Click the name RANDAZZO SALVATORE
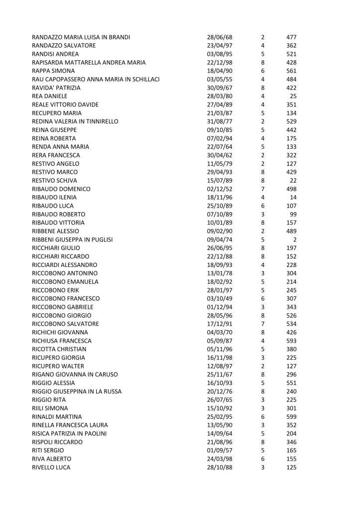coord(64,45)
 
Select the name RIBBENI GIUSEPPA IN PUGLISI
coord(72,240)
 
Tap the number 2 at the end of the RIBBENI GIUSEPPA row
coord(295,240)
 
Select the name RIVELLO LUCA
coord(51,467)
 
